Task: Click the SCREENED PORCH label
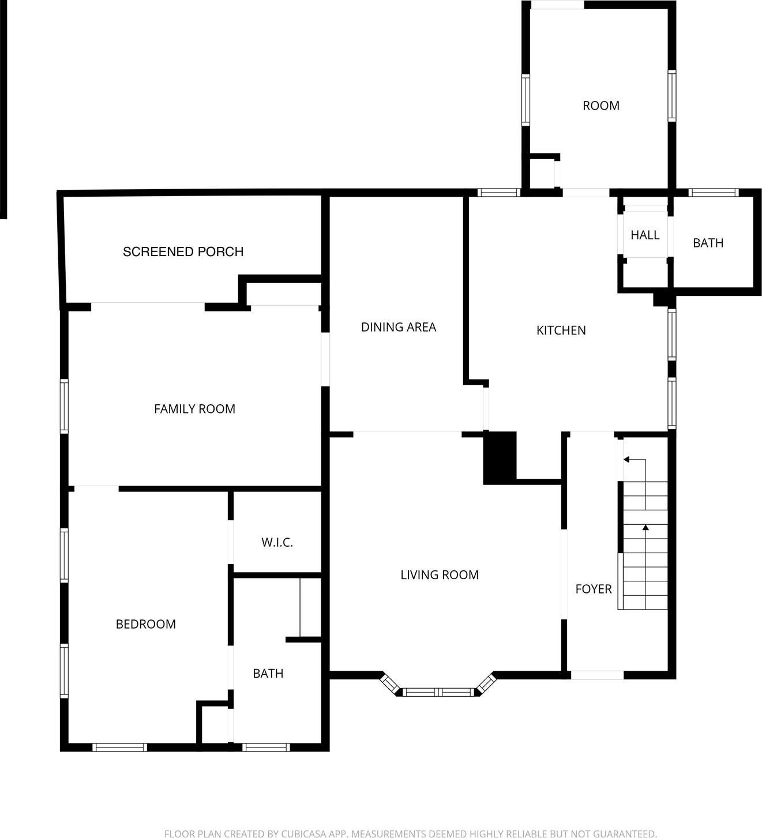coord(183,251)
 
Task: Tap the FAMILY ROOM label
coord(194,409)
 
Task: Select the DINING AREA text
coord(398,327)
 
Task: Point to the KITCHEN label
coord(561,330)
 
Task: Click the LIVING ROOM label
coord(439,575)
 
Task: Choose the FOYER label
coord(593,589)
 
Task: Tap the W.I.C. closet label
coord(277,542)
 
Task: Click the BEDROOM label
coord(145,624)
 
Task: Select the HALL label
coord(644,235)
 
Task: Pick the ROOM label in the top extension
coord(600,106)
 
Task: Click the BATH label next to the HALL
coord(708,243)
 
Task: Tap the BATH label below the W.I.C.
coord(268,674)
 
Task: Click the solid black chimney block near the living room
coord(499,457)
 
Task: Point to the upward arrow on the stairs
coord(645,528)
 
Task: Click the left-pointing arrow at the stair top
coord(626,460)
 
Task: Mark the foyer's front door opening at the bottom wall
coord(597,675)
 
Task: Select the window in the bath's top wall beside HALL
coord(714,193)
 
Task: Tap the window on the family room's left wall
coord(64,406)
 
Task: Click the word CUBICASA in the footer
coord(305,833)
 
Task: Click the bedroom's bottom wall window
coord(120,747)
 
